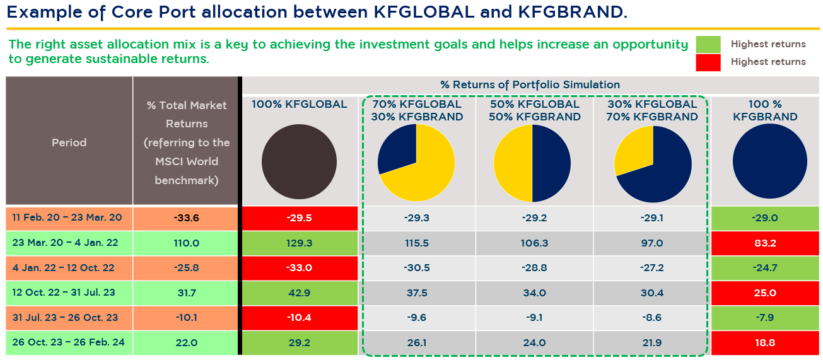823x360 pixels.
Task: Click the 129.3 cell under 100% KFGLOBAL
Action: [x=299, y=243]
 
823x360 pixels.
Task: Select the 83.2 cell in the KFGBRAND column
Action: [x=764, y=243]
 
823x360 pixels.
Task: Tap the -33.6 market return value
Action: [x=186, y=218]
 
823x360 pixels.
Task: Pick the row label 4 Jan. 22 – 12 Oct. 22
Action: [x=64, y=268]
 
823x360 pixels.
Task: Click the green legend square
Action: [x=708, y=44]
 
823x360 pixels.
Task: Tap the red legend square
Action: [x=708, y=62]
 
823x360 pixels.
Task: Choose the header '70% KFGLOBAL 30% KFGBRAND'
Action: [x=417, y=110]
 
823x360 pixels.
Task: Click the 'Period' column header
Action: [x=69, y=142]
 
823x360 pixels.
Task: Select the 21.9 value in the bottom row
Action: [x=651, y=343]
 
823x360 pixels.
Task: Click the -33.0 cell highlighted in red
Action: [x=299, y=268]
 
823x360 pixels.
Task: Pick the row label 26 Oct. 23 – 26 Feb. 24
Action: [x=69, y=343]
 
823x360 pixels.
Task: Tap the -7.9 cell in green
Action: [x=764, y=318]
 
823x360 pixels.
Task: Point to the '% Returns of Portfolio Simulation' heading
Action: [x=530, y=84]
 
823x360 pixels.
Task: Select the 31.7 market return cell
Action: [x=186, y=293]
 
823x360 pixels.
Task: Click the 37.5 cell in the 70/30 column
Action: [x=417, y=293]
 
